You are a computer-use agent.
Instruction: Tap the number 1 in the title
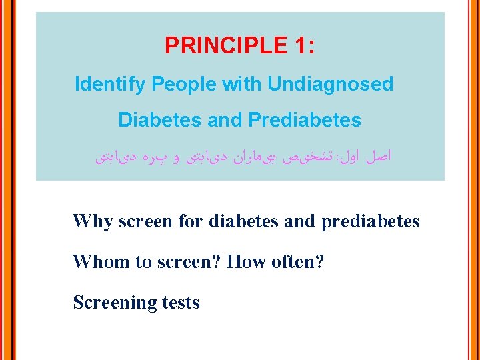click(297, 46)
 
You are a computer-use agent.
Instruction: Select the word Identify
click(111, 85)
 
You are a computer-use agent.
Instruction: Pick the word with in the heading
click(242, 85)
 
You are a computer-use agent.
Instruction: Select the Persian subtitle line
click(240, 158)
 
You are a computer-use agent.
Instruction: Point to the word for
click(191, 221)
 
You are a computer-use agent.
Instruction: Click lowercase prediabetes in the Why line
click(371, 221)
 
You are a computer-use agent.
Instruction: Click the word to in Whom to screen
click(144, 261)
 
